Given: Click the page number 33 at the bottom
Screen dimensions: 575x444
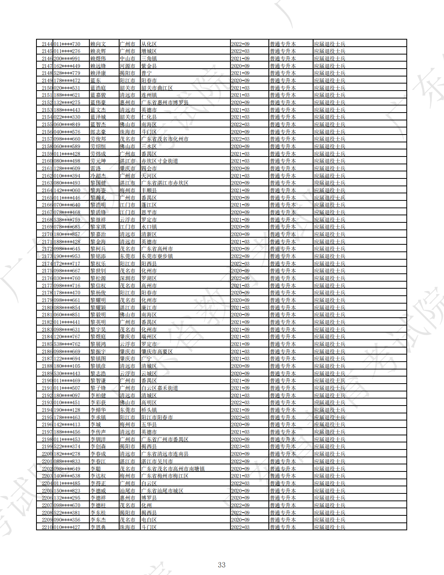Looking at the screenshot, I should coord(222,565).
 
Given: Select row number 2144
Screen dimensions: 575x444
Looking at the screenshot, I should coord(47,44).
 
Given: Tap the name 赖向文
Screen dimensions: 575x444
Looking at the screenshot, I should coord(98,44).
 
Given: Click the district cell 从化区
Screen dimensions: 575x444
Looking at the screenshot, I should coord(149,44).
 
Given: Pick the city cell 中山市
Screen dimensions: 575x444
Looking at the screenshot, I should coord(127,59).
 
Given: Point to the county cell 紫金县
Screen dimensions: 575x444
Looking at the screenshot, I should coord(149,66).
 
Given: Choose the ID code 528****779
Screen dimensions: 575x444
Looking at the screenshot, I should coord(67,73).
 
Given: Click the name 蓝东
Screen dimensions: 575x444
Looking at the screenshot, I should coord(95,81).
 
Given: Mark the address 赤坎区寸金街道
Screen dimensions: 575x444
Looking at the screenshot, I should coord(159,161).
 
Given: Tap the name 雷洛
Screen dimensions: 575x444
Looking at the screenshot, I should coord(95,169).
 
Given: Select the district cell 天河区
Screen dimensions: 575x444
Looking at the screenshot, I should coord(149,176).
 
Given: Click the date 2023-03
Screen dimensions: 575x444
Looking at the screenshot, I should coord(240,447).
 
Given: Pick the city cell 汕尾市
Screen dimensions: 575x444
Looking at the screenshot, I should coord(127,491).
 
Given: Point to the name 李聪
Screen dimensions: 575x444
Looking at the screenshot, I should coord(95,469).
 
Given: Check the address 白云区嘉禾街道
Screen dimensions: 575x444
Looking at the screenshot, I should coord(159,388).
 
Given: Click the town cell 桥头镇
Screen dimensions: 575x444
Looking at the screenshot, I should coord(149,410).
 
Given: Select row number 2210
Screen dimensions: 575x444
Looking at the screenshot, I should coord(47,527).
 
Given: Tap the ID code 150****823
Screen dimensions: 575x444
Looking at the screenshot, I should coord(67,491).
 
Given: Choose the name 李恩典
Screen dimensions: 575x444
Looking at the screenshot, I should coord(98,527).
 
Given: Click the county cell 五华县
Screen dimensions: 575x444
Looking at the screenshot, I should coord(149,425).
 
